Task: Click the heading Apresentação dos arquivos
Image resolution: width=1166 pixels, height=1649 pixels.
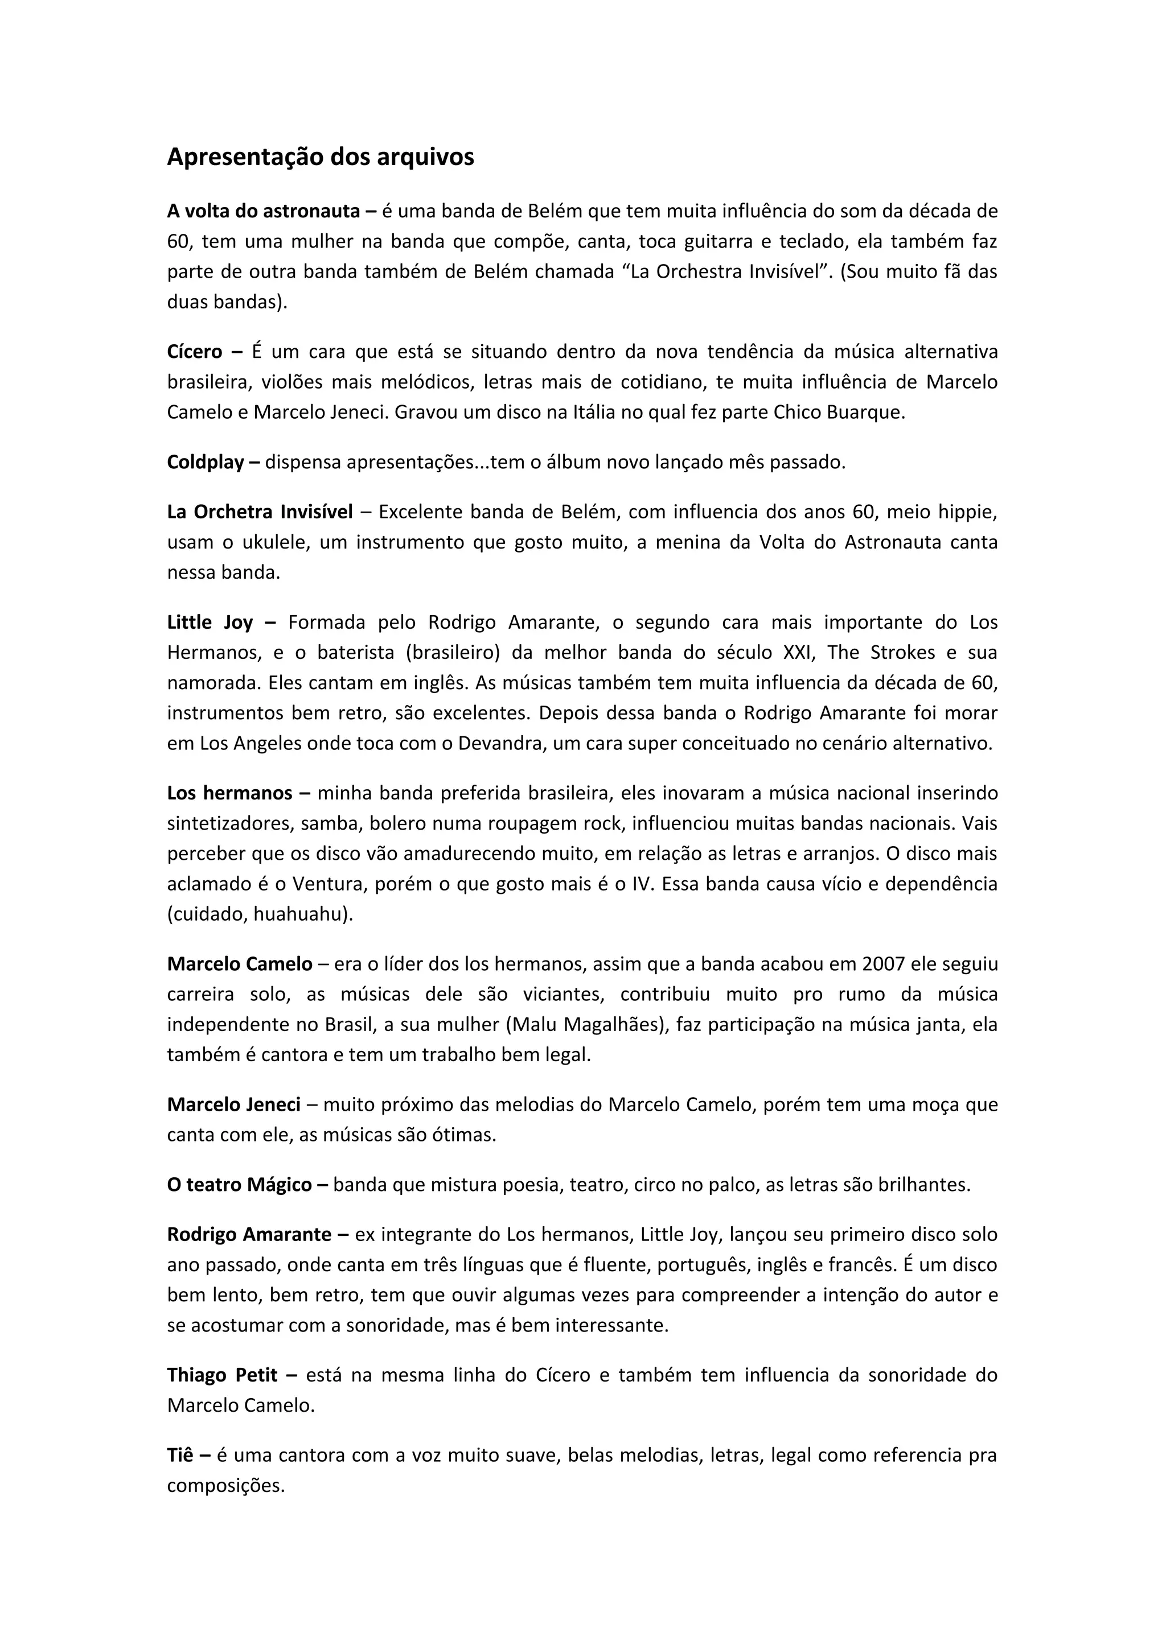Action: [x=321, y=157]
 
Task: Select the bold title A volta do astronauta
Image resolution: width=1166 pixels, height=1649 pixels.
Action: [x=263, y=211]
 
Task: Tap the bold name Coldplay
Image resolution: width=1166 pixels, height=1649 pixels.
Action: [x=206, y=462]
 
